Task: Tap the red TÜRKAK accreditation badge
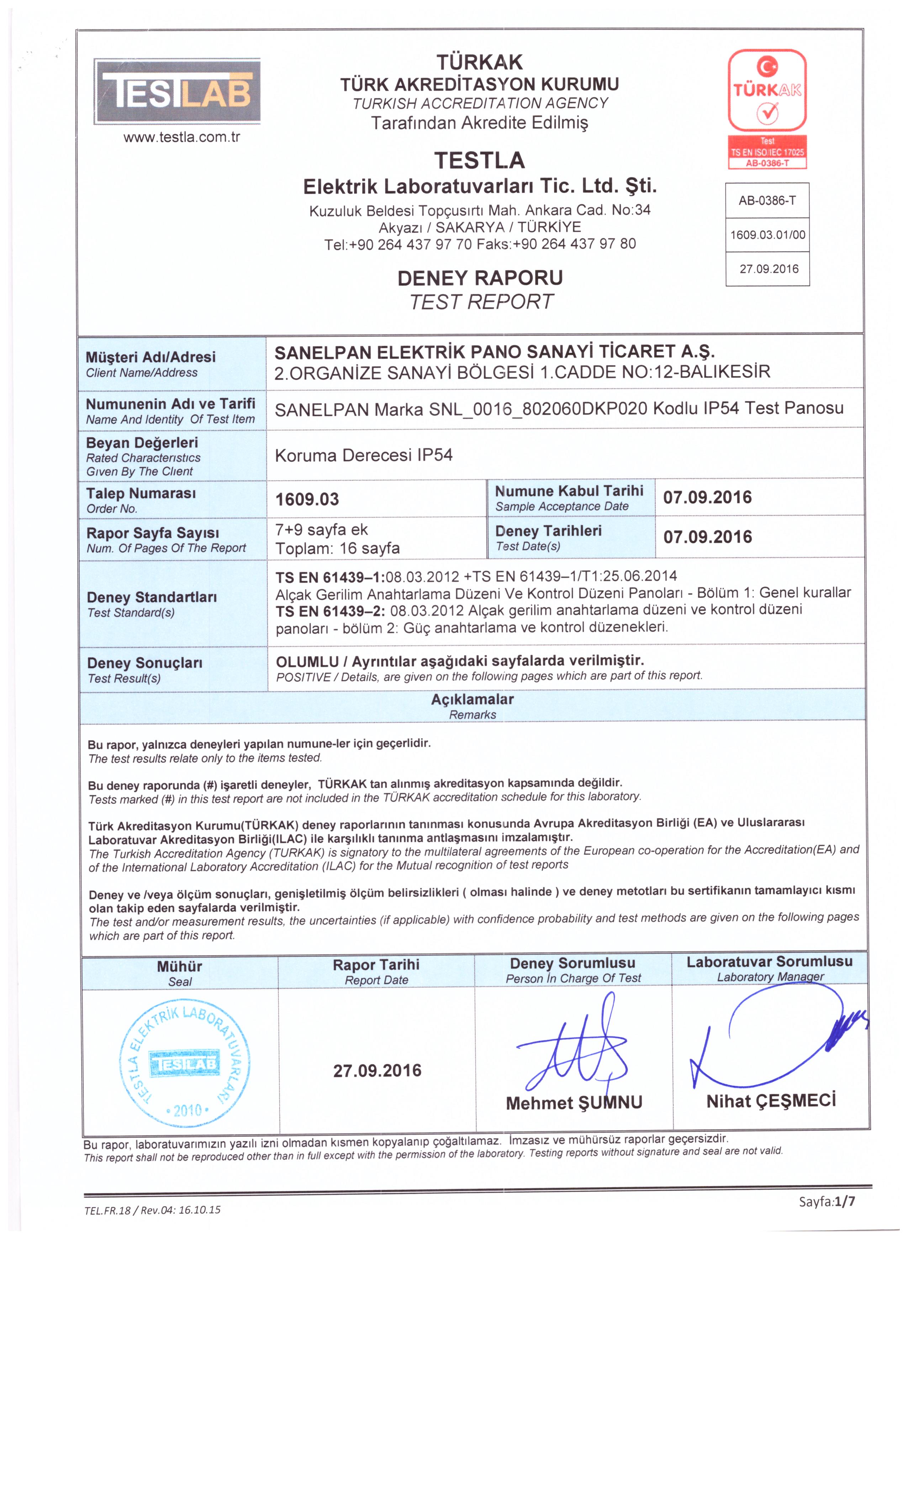tap(767, 108)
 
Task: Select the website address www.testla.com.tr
tap(181, 137)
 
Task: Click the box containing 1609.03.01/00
tap(767, 235)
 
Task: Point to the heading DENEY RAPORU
tap(480, 278)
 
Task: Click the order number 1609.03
tap(307, 499)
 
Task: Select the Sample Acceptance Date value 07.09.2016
tap(707, 498)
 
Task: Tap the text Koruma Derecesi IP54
tap(363, 455)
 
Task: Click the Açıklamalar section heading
tap(472, 699)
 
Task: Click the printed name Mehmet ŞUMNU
tap(574, 1102)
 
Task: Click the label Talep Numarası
tap(141, 493)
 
